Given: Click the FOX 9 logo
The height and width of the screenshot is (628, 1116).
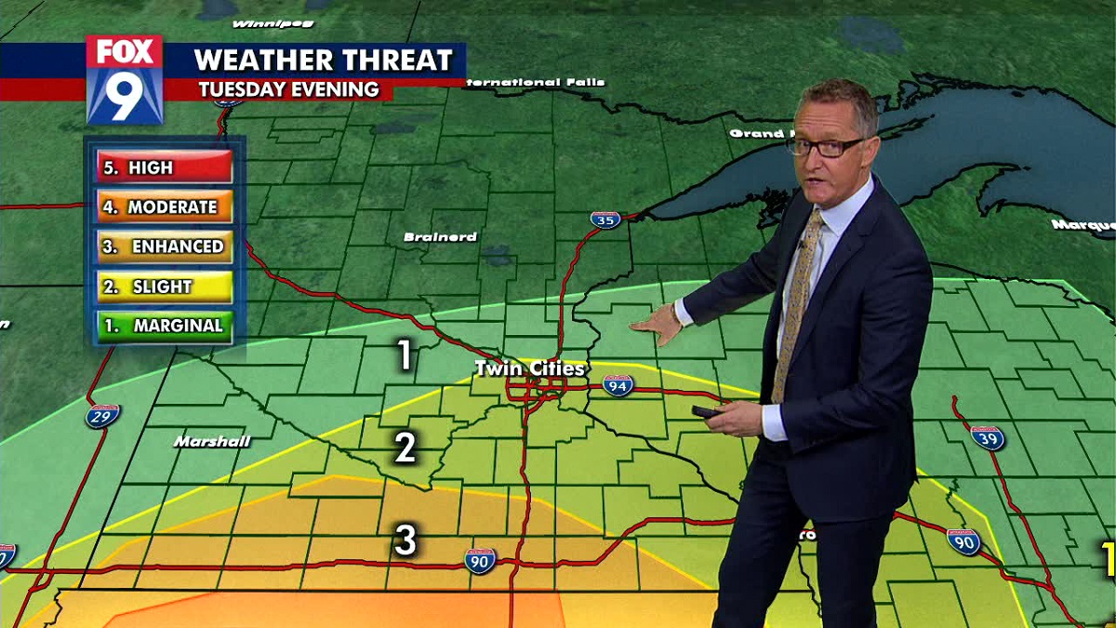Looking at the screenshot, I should click(125, 80).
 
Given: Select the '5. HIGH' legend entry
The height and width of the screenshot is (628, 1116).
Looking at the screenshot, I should click(164, 167).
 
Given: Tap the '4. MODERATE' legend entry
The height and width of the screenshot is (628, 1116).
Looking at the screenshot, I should click(164, 207).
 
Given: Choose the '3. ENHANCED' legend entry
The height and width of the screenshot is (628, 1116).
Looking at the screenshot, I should click(164, 247).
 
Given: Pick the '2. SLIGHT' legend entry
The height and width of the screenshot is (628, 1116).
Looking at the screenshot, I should click(164, 287).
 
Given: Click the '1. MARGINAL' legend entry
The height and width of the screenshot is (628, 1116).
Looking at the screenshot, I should click(164, 326).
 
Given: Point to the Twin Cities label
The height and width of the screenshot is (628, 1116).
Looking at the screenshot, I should click(530, 368).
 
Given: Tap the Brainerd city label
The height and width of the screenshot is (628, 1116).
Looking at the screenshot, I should click(440, 237).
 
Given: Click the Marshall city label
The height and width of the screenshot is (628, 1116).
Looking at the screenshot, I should click(212, 441).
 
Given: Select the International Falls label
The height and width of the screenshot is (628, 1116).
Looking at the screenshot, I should click(535, 83).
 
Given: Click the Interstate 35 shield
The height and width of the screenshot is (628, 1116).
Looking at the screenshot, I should click(605, 220).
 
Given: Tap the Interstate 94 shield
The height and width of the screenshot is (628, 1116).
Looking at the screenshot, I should click(618, 385).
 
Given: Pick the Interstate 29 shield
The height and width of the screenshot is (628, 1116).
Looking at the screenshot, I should click(102, 415).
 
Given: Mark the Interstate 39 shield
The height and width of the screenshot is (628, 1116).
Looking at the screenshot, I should click(987, 437).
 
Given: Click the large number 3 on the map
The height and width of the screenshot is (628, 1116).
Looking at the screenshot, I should click(405, 541).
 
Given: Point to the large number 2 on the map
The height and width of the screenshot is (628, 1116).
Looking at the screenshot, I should click(405, 448).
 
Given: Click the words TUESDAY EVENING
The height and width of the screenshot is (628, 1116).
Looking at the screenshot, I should click(288, 89).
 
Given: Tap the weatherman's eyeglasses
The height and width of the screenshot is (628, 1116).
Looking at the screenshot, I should click(826, 146).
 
